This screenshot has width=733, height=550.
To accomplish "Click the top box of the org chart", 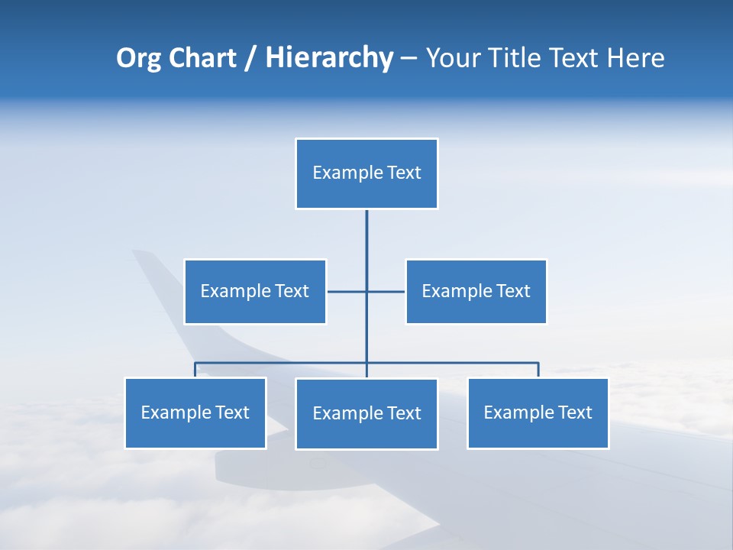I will (x=366, y=173).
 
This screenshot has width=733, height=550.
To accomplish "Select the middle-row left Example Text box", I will (x=255, y=291).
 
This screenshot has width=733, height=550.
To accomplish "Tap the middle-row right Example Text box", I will (x=476, y=291).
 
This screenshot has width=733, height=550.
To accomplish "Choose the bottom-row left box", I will (x=195, y=412).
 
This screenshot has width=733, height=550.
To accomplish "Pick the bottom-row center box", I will (x=366, y=413).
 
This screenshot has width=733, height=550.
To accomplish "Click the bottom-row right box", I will (x=538, y=412).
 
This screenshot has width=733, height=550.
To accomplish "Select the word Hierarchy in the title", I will (x=329, y=58).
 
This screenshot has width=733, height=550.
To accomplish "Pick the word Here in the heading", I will (x=635, y=58).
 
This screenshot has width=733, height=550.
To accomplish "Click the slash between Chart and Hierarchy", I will (x=250, y=59).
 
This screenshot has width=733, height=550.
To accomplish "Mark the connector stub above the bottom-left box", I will (x=195, y=370).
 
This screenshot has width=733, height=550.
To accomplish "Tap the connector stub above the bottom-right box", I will (x=538, y=370).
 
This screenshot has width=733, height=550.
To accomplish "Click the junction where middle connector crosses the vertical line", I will (x=366, y=291).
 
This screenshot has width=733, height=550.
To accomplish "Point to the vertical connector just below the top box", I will (x=366, y=222).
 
